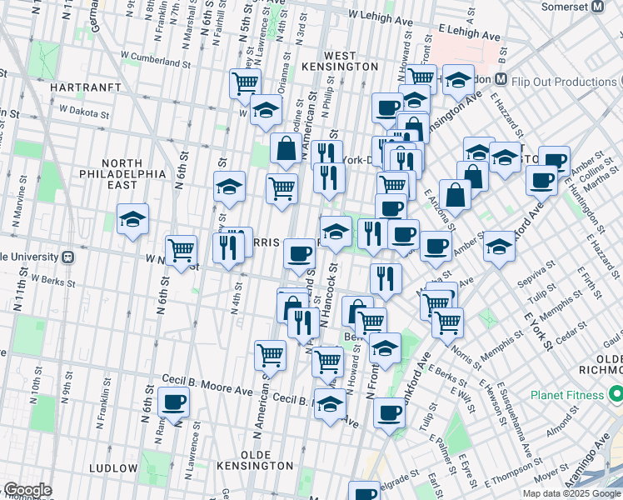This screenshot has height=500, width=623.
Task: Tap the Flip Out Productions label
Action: click(564, 82)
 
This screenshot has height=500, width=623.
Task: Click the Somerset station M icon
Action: click(597, 7)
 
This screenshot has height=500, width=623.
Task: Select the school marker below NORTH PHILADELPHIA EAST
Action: click(132, 220)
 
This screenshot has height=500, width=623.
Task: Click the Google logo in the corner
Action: click(27, 491)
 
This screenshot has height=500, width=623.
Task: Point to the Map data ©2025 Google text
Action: click(571, 493)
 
